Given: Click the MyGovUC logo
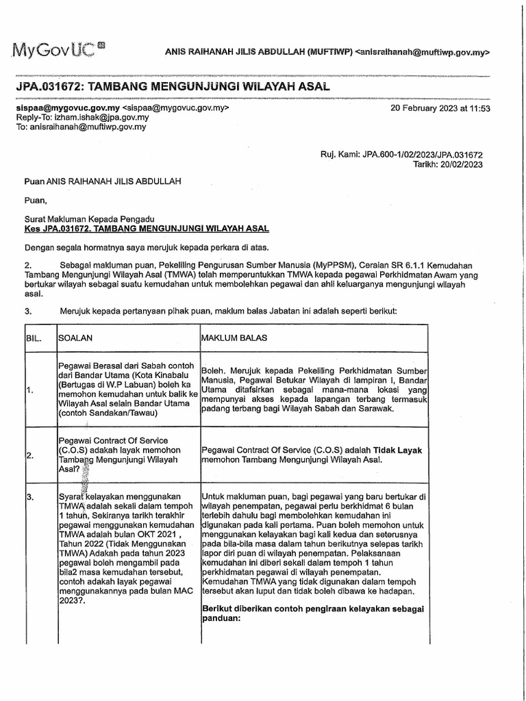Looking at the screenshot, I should (56, 49).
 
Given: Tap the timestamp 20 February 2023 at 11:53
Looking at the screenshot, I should (440, 108).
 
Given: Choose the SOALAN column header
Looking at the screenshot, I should (76, 339).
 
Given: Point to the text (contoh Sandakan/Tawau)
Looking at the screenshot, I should (108, 413).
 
